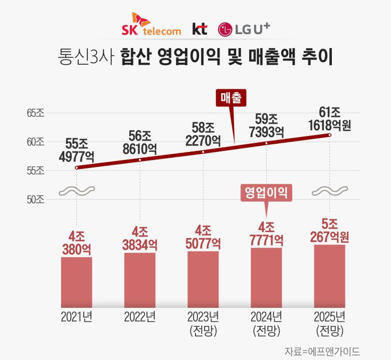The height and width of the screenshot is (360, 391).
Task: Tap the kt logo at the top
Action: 200,29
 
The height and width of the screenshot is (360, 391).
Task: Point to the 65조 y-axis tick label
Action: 36,113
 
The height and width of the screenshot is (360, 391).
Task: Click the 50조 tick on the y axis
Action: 36,200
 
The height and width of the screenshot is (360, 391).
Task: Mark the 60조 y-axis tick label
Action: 36,142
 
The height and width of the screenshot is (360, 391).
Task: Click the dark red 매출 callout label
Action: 232,98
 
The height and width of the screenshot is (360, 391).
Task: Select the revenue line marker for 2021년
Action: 76,167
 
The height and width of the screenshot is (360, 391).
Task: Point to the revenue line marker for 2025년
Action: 330,135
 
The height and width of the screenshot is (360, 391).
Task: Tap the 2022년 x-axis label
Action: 140,317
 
